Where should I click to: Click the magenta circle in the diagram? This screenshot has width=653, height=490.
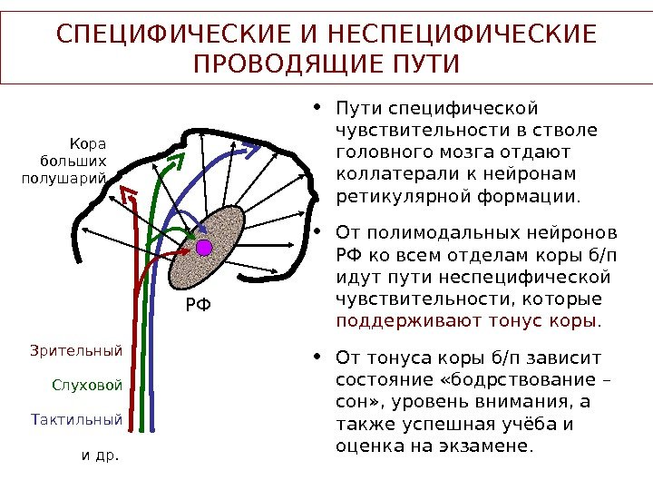click(203, 247)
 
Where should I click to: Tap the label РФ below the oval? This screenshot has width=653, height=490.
click(197, 306)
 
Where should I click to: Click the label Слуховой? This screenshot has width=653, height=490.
click(87, 385)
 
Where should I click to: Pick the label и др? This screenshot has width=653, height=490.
click(101, 455)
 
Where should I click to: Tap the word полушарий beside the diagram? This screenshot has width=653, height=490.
click(63, 177)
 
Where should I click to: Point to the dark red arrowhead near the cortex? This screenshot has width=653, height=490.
click(129, 193)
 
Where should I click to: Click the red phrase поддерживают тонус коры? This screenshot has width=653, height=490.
click(467, 320)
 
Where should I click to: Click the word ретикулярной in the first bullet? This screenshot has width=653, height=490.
click(393, 195)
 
